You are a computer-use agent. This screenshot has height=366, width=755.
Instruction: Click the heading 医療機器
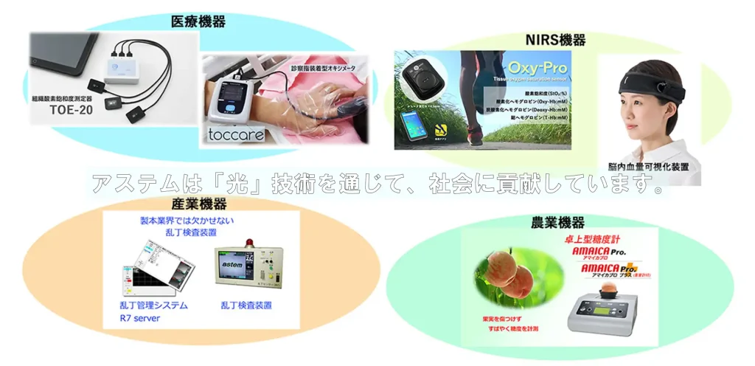[x=198, y=22]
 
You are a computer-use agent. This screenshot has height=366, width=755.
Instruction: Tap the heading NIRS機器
[x=555, y=40]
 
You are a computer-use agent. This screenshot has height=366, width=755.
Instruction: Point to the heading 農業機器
[x=558, y=221]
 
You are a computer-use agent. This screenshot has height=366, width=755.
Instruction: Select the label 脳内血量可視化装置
[x=655, y=168]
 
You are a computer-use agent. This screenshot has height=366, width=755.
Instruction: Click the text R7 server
[x=139, y=319]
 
